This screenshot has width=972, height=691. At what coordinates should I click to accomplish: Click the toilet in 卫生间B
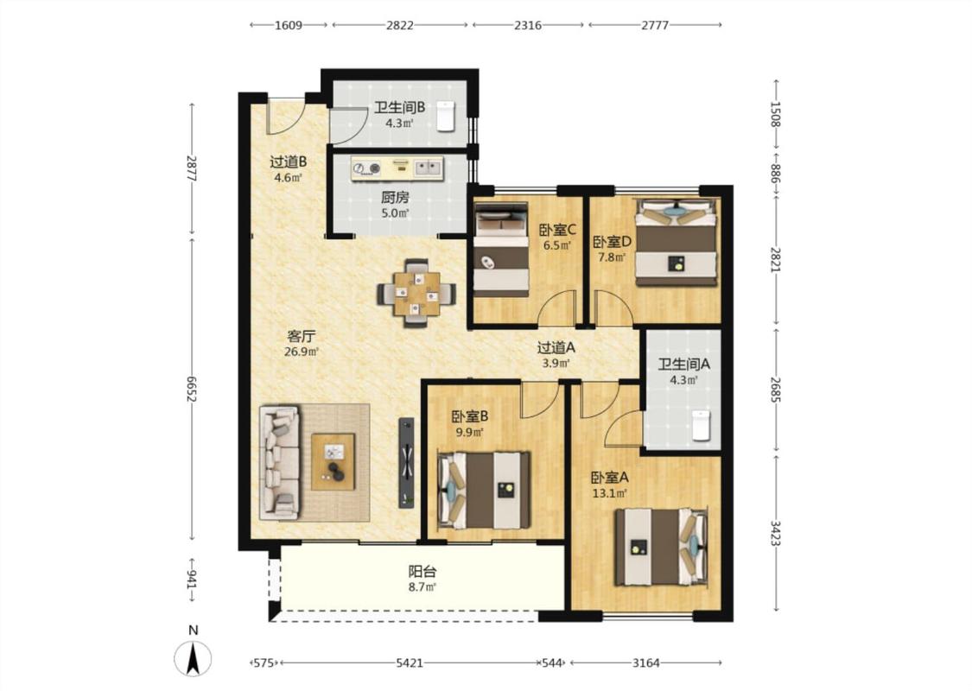pos(446,116)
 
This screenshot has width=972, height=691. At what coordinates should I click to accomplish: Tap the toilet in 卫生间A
pos(701,425)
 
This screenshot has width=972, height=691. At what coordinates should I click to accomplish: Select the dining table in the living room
pos(416,293)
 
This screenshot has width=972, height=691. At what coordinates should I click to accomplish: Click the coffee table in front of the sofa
pos(333,462)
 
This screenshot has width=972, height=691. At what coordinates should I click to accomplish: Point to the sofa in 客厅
pos(280,462)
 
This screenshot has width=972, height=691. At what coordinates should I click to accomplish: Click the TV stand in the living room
pos(406,462)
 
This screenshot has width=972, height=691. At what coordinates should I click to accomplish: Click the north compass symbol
pos(193,658)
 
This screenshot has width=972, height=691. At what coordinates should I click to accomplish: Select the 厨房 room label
pos(395,198)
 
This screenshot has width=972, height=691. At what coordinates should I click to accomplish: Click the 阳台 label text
pos(422,572)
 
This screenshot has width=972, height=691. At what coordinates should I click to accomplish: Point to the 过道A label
pos(556,348)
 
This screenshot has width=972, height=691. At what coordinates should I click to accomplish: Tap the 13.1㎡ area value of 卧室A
pos(610,494)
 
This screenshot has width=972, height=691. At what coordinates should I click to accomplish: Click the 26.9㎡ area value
pos(302,352)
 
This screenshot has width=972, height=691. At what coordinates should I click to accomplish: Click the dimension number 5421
pos(410,663)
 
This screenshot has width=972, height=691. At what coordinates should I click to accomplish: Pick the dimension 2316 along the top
pos(528,25)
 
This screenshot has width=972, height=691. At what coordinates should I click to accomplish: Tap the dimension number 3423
pos(776,533)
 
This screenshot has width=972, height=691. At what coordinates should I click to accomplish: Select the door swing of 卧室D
pos(614,307)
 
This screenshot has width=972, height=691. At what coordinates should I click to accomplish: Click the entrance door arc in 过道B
pos(286,116)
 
